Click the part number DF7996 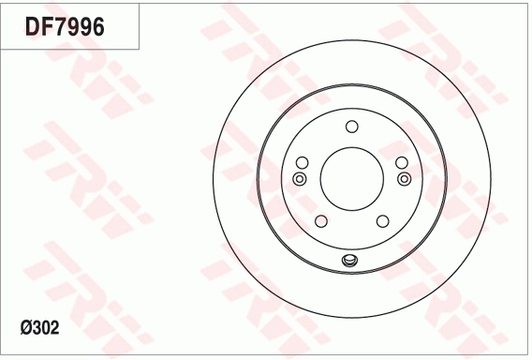point(65,27)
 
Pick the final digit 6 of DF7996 point(96,27)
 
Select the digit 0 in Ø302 point(43,327)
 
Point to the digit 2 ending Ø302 point(54,327)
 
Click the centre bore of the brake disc point(351,178)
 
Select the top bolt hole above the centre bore point(351,127)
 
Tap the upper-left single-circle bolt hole point(302,162)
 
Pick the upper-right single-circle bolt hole point(401,162)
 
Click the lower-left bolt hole point(320,221)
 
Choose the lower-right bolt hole point(382,221)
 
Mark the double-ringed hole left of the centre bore point(300,178)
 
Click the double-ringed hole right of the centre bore point(404,178)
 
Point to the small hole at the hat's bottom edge point(351,261)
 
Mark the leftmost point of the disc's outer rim point(214,178)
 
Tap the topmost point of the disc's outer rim point(351,38)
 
